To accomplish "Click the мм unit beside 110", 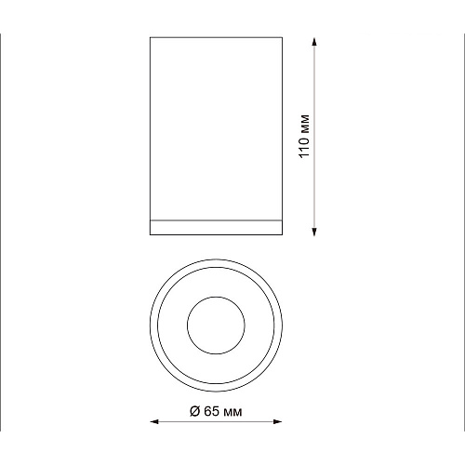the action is click(x=305, y=123).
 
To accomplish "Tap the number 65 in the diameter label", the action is click(x=212, y=411).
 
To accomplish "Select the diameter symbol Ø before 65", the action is click(x=194, y=411).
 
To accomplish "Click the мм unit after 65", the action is click(x=232, y=413).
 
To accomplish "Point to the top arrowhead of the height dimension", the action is click(x=314, y=42).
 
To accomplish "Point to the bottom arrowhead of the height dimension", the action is click(x=314, y=232).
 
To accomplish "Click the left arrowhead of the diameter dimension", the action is click(x=154, y=421).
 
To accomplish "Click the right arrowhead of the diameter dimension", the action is click(x=277, y=421).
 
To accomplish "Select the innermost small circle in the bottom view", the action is click(x=216, y=297).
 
